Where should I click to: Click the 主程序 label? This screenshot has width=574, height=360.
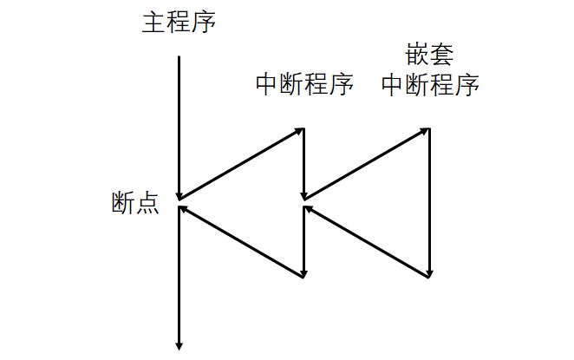(178, 21)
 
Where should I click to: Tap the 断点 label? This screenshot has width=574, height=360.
(134, 204)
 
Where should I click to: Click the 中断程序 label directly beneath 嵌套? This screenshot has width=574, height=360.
(431, 84)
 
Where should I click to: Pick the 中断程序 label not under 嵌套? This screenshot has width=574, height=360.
(304, 84)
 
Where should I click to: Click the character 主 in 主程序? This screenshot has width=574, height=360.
(153, 21)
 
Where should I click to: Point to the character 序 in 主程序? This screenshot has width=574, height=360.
(203, 21)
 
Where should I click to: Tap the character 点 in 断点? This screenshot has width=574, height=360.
(147, 204)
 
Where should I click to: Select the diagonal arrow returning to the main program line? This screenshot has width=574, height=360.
(241, 242)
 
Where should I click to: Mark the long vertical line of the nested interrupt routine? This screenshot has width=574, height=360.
(430, 203)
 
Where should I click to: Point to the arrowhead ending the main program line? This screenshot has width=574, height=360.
(179, 345)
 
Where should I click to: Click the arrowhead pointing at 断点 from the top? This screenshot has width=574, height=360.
(179, 194)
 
